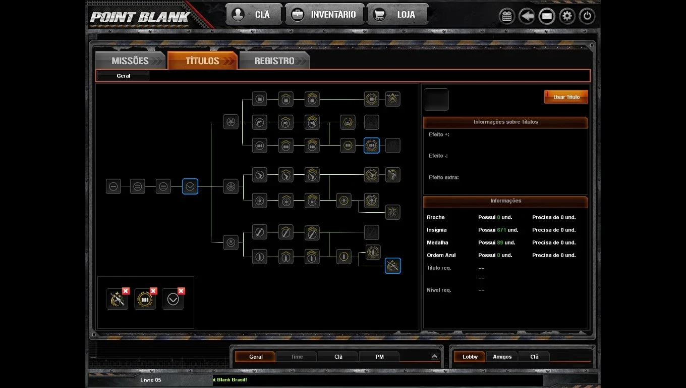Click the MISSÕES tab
(x=130, y=61)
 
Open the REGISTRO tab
(x=274, y=61)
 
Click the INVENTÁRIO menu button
(x=324, y=15)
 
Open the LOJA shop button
(x=397, y=15)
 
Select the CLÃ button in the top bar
(x=254, y=15)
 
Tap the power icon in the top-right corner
(x=587, y=16)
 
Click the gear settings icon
(x=567, y=16)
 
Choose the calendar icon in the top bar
(x=507, y=16)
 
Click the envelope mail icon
(x=547, y=16)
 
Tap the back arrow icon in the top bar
(x=527, y=16)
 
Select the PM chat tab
(x=379, y=357)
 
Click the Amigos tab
(x=502, y=357)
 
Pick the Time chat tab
(x=297, y=357)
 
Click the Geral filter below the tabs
(x=123, y=76)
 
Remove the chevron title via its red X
(x=181, y=291)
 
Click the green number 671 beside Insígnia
(x=501, y=230)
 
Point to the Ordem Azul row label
(x=441, y=255)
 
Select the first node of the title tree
(x=113, y=186)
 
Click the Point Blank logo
(x=140, y=17)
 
